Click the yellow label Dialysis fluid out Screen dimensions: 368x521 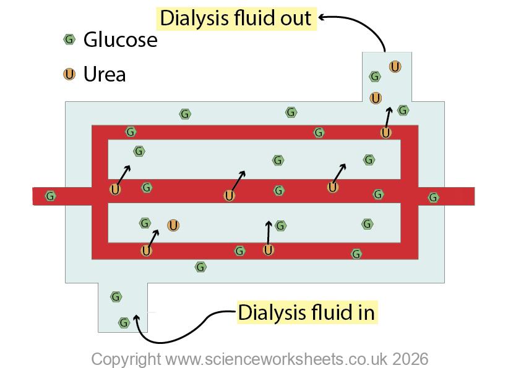click(x=236, y=18)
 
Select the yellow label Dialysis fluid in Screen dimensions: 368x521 click(x=306, y=312)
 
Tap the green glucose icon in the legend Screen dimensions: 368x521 click(x=69, y=40)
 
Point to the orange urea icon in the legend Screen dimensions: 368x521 click(x=69, y=74)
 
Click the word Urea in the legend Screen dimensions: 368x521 click(x=105, y=75)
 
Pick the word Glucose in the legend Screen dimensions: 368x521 click(x=120, y=40)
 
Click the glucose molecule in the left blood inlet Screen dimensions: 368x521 click(x=51, y=196)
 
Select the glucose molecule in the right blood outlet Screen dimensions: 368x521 click(x=434, y=198)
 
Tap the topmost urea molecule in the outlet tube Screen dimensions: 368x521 click(x=395, y=66)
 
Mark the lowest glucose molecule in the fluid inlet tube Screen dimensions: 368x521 click(x=124, y=322)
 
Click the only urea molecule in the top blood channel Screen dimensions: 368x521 click(x=385, y=132)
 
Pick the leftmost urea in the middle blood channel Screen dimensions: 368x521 click(x=115, y=189)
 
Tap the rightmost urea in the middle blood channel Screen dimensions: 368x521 click(x=333, y=187)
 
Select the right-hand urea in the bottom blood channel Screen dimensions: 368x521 click(x=268, y=250)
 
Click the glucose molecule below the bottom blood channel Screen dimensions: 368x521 click(x=200, y=267)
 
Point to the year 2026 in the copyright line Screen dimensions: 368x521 click(x=407, y=359)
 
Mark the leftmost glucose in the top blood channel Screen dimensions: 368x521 click(x=131, y=132)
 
